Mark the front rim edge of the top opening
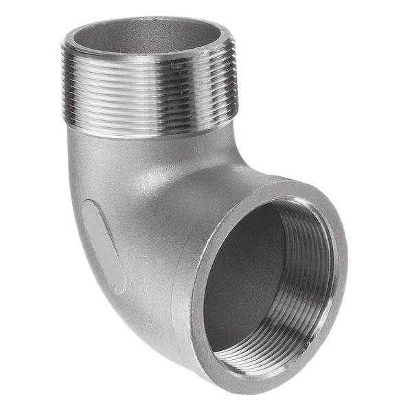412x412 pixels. pyautogui.click(x=148, y=54)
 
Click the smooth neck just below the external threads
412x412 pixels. pyautogui.click(x=148, y=137)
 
